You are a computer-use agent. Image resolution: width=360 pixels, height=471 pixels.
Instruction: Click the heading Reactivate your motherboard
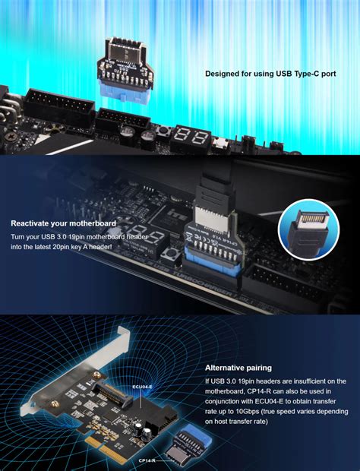click(63, 223)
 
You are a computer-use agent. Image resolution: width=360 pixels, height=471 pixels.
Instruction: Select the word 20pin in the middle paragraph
click(78, 248)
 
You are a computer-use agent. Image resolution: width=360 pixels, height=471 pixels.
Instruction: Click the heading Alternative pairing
click(238, 368)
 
